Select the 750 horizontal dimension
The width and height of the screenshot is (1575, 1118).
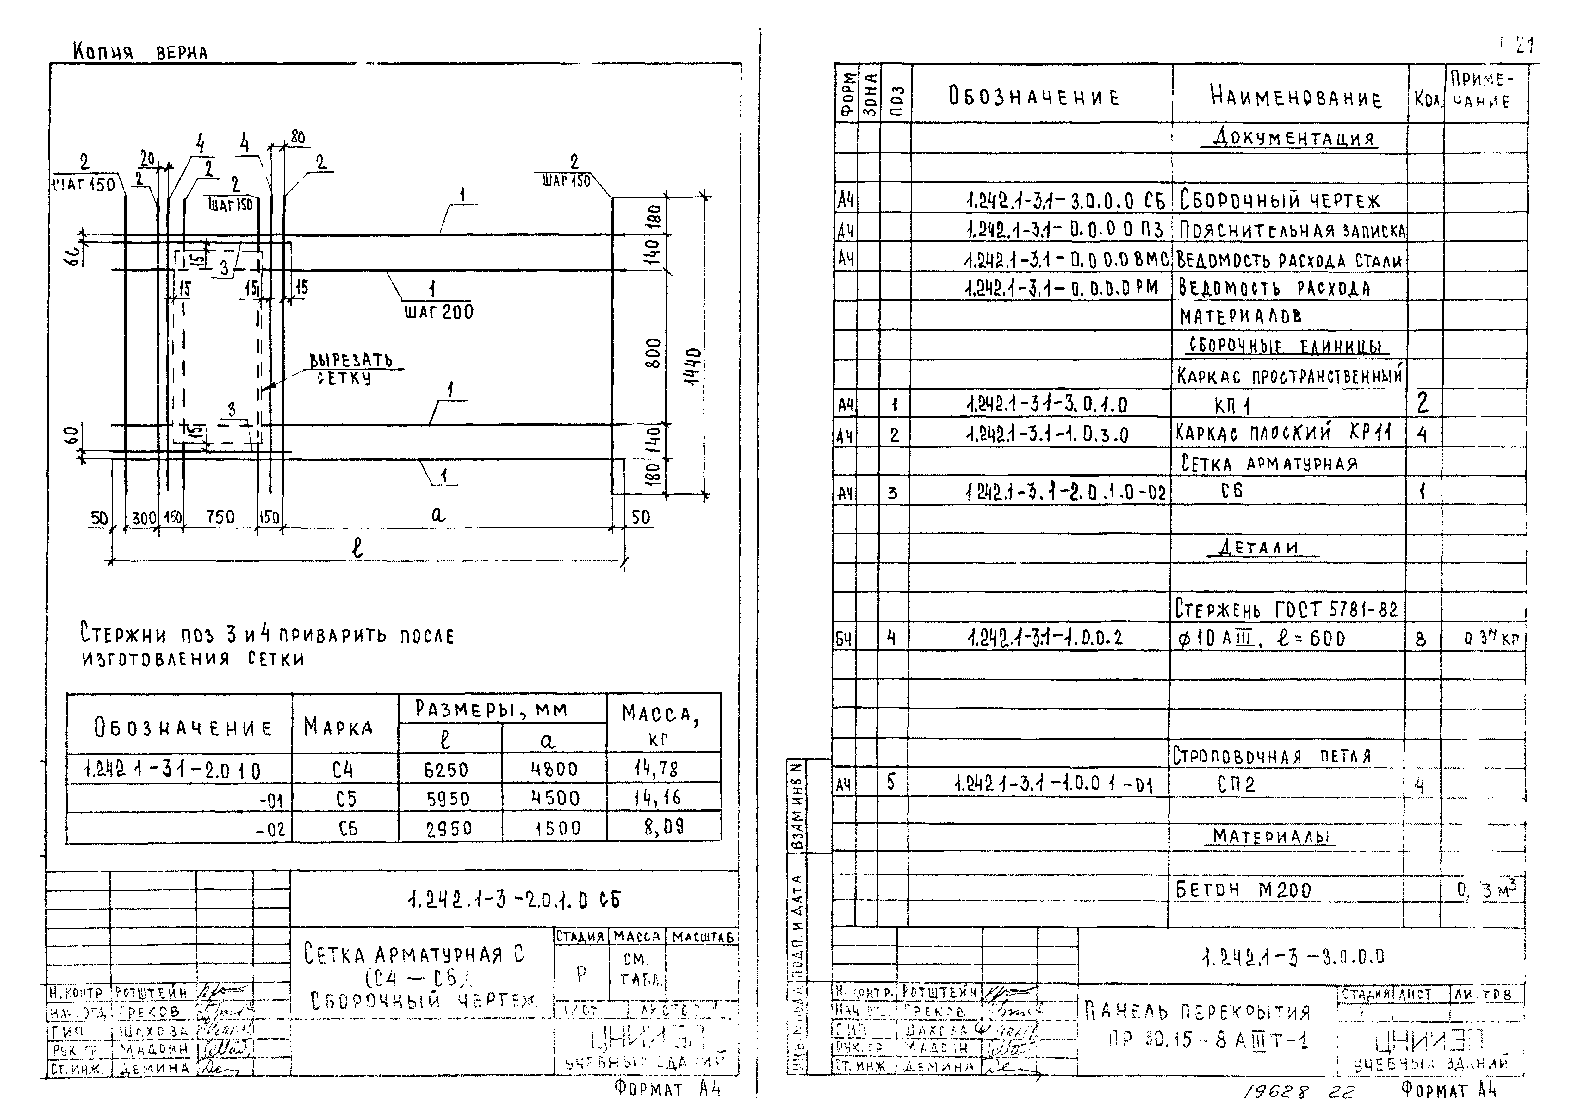[x=220, y=517]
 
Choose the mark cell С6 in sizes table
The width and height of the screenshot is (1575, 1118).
[x=347, y=828]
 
